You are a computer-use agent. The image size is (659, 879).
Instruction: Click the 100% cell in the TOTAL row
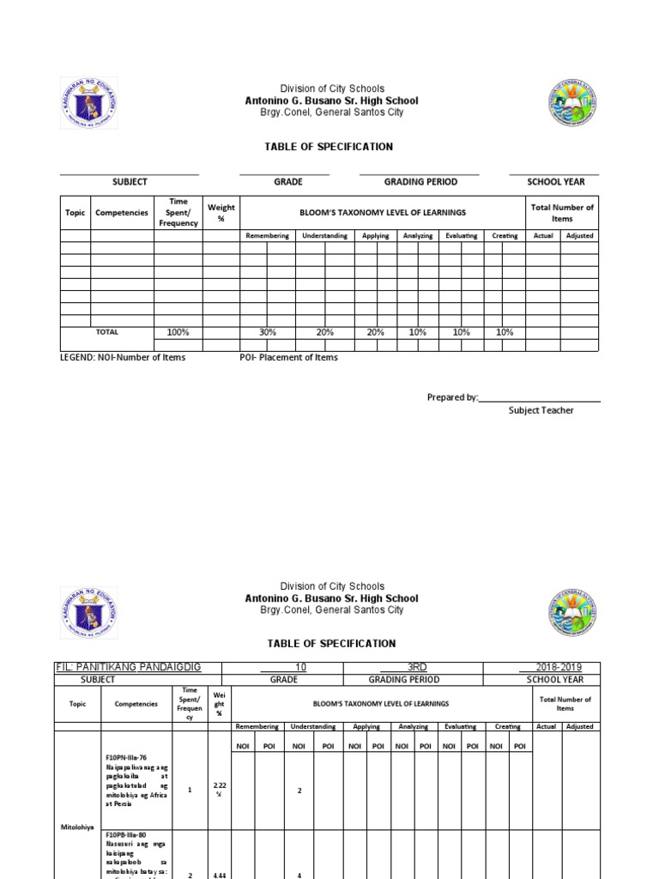[x=178, y=332]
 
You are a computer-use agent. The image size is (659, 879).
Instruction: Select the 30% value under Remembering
[x=268, y=332]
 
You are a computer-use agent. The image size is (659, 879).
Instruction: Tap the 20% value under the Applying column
[x=376, y=332]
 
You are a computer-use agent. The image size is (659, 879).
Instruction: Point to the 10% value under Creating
[x=505, y=332]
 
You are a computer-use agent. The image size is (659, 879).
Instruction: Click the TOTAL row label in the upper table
[x=107, y=332]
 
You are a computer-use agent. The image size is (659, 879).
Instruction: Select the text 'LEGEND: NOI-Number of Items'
[x=122, y=358]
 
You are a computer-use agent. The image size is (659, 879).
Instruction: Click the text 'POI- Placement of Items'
[x=288, y=358]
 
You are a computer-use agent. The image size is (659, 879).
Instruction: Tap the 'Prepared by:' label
[x=452, y=397]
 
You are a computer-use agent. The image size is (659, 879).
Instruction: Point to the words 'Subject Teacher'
[x=541, y=410]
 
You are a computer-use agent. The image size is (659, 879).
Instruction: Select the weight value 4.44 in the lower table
[x=220, y=874]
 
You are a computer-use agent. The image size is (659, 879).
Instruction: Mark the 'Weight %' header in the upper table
[x=221, y=212]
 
